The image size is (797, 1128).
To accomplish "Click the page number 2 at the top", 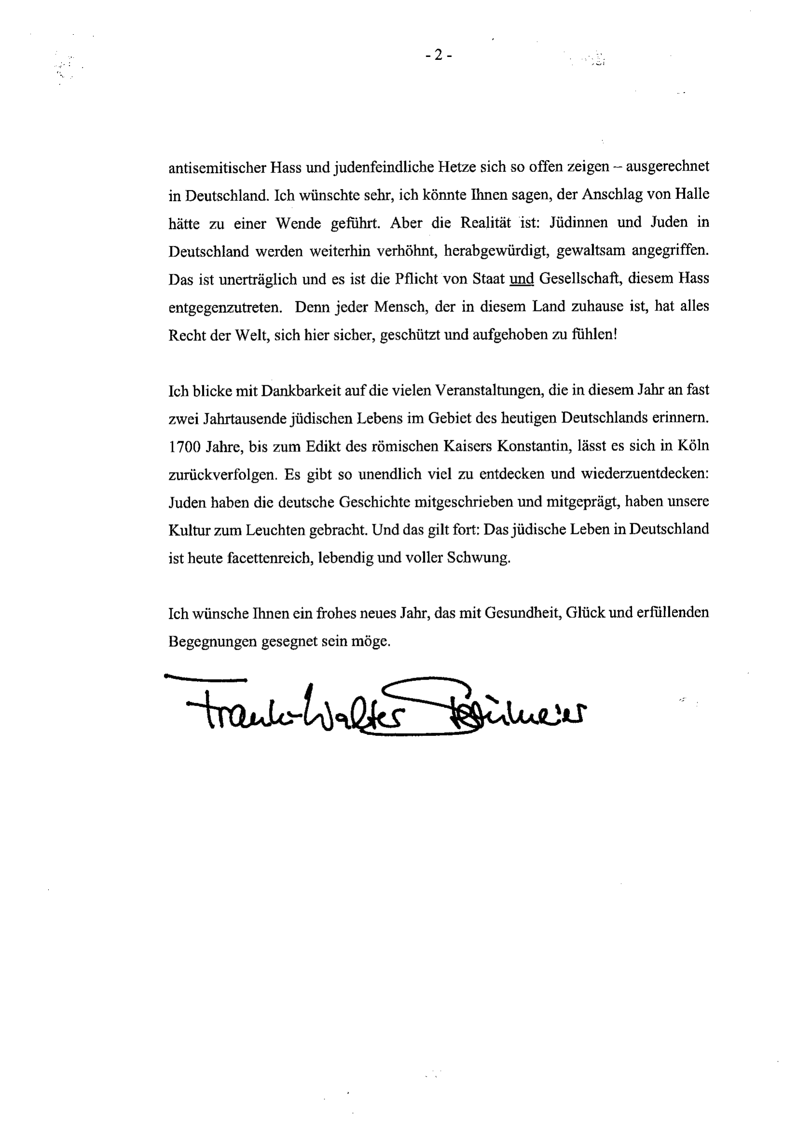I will click(x=439, y=55).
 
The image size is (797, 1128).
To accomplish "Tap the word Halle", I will click(x=692, y=194).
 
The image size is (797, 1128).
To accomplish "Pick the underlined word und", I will click(x=522, y=279).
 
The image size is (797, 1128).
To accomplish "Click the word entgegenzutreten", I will click(x=225, y=308).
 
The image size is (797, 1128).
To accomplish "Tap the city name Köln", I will click(x=692, y=446).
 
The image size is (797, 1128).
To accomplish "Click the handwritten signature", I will click(x=373, y=707).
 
